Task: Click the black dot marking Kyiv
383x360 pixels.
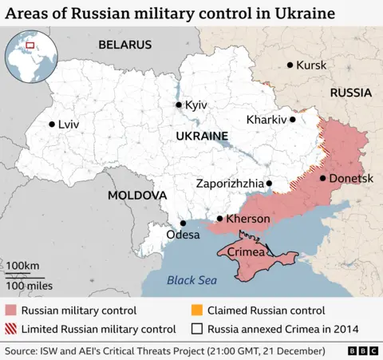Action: click(179, 105)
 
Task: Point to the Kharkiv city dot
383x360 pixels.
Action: click(293, 120)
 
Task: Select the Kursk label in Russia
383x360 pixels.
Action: click(311, 65)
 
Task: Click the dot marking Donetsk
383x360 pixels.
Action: click(322, 178)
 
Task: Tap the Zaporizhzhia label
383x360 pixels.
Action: click(229, 184)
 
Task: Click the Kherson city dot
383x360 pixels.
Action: click(220, 219)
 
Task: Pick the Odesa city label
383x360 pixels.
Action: click(183, 235)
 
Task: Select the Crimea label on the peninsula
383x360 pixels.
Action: click(243, 252)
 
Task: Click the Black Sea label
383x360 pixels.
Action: click(191, 279)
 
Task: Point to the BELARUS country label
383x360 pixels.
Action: click(124, 45)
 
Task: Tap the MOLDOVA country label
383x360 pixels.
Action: click(137, 195)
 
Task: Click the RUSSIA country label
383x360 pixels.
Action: click(351, 93)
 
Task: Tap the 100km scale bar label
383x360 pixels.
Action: click(23, 265)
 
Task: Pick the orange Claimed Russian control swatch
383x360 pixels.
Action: click(197, 311)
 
